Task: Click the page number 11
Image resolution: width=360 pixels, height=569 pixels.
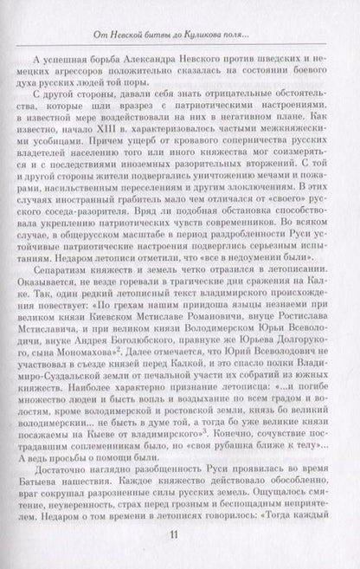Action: coord(180,533)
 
